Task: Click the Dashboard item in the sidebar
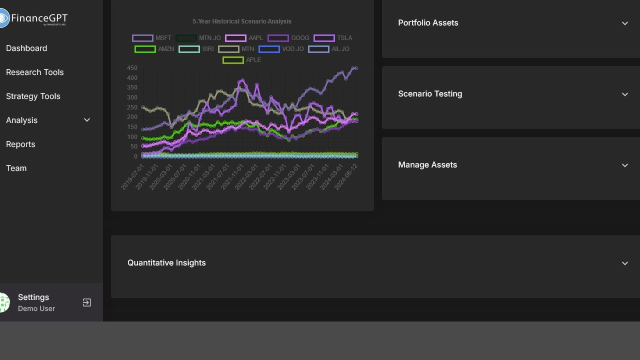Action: coord(26,48)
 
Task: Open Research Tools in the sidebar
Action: coord(35,72)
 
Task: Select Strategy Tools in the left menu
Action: coord(33,96)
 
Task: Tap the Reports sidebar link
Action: coord(20,144)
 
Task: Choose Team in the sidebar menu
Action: coord(16,168)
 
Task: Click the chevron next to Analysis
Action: coord(87,120)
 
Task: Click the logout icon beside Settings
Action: coord(87,302)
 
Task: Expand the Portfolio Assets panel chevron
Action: coord(624,23)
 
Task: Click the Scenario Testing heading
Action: coord(430,93)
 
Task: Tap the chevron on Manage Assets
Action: coord(624,165)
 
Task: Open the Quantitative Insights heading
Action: coord(166,262)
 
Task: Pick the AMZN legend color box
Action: coord(145,49)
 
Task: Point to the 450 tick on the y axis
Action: coord(132,68)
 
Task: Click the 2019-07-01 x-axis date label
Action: coord(132,176)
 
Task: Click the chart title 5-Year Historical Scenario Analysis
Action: coord(242,21)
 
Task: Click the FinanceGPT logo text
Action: coord(39,19)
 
